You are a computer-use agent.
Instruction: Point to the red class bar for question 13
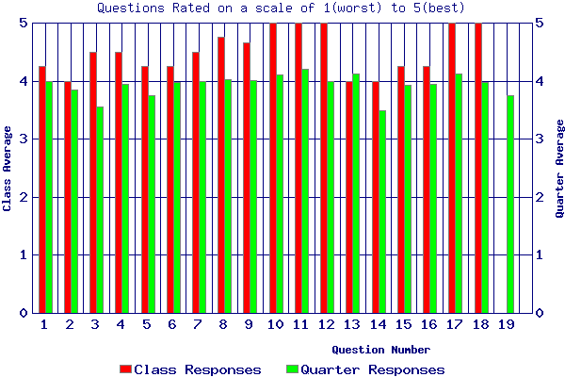coord(349,197)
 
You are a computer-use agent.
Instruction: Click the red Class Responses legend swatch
coord(125,369)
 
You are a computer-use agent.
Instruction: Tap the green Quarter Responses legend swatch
coord(292,369)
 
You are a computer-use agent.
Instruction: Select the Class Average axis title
coord(8,168)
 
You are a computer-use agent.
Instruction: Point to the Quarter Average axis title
coord(558,168)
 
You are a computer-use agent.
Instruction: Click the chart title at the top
coord(282,8)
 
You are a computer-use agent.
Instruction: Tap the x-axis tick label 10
coord(276,325)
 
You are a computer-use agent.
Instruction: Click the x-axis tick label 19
coord(506,325)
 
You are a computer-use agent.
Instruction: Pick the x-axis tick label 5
coord(146,325)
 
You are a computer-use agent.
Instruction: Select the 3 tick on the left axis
coord(24,139)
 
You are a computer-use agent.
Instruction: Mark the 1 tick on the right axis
coord(541,254)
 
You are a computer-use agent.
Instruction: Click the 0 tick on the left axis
coord(24,313)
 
